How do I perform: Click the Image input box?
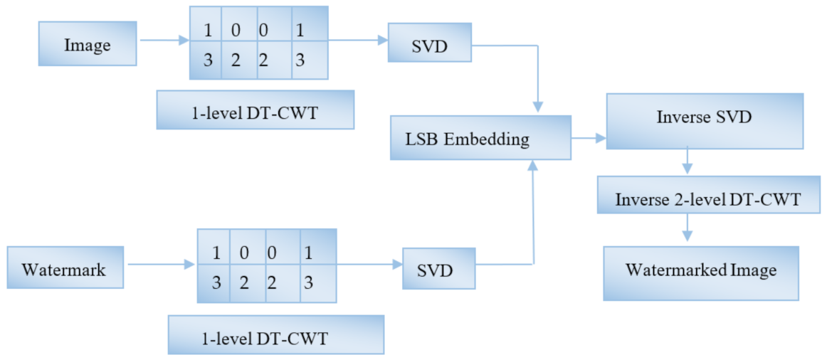tap(88, 44)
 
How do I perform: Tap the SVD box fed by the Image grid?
tap(429, 47)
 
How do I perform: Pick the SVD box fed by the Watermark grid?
tap(438, 268)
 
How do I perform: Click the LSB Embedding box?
tap(480, 138)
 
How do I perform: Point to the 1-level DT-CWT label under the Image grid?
tap(255, 110)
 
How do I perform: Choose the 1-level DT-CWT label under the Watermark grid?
tap(275, 335)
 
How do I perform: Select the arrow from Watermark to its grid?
tap(160, 265)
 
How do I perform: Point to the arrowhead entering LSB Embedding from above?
tap(538, 107)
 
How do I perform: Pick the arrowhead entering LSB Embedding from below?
tap(533, 166)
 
